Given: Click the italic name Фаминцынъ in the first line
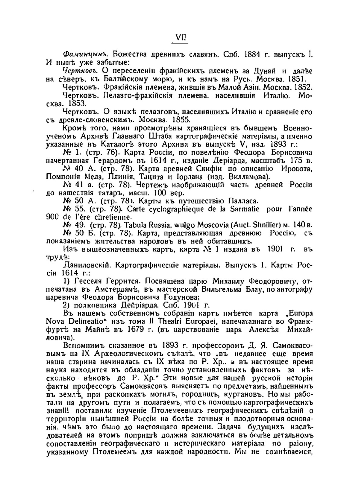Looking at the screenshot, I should click(83, 54).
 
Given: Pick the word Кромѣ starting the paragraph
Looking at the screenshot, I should click(74, 128).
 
